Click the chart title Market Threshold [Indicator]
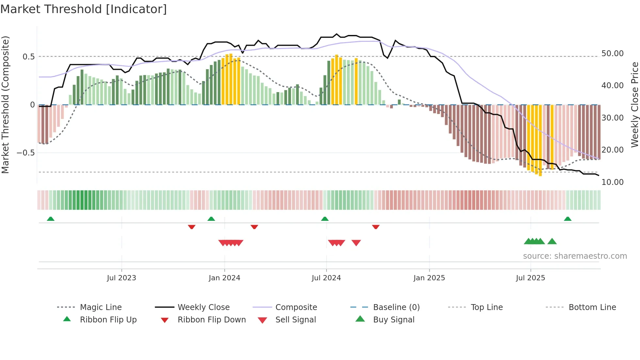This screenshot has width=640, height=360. coord(84,9)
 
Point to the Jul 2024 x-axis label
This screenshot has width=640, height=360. coord(326,278)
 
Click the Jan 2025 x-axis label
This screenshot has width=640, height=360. coord(429,278)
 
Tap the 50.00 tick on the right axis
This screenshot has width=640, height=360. coord(612,53)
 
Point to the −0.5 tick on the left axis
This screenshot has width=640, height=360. coord(25,153)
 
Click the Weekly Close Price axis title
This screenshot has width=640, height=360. coord(634,105)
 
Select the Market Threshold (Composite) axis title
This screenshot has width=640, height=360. coord(5,105)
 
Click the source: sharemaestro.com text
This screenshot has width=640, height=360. coord(575,256)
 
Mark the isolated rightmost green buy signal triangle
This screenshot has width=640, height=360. coord(552,241)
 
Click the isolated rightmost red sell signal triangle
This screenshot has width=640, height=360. coord(356,243)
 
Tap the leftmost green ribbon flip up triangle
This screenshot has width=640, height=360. coord(51,219)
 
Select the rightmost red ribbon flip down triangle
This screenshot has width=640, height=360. coord(376,227)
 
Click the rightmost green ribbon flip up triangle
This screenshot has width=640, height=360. coord(568,219)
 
